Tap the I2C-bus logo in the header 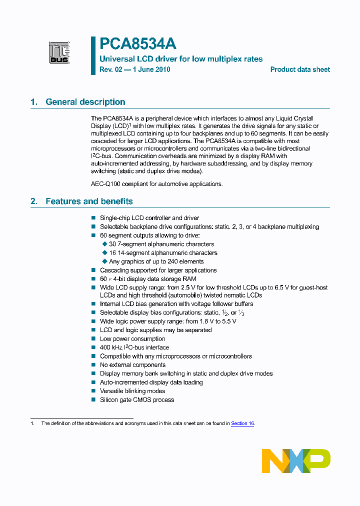pos(59,52)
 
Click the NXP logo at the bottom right pos(296,460)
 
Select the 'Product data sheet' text pos(300,69)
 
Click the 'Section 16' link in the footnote pos(242,423)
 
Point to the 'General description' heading pos(85,102)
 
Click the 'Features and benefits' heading pos(89,201)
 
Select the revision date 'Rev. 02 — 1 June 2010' pos(135,69)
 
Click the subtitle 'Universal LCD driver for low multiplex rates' pos(181,59)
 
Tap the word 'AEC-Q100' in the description pos(103,184)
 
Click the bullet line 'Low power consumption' pos(132,339)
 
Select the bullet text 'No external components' pos(132,365)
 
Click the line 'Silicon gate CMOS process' pos(137,400)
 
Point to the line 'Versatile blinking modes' pos(132,391)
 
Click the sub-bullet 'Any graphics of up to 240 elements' pos(156,261)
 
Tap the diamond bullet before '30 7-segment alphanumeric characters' pos(104,244)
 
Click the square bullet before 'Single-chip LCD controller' pos(93,218)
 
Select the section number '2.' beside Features pos(34,201)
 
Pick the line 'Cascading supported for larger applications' pos(158,270)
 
